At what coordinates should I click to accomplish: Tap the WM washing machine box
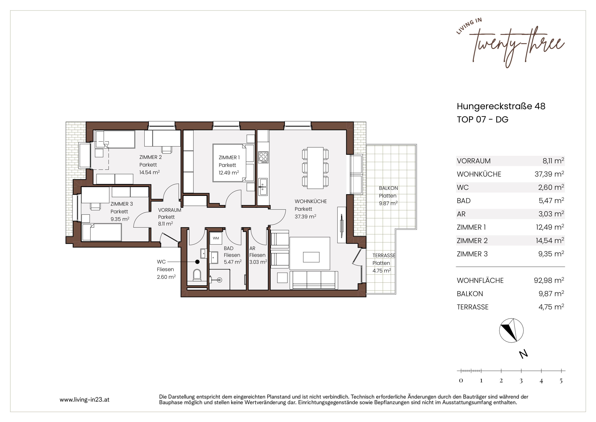coord(216,238)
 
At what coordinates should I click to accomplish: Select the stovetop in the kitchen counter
coord(263,158)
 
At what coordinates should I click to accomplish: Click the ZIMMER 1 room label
coord(229,158)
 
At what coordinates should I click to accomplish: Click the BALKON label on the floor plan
coord(388,188)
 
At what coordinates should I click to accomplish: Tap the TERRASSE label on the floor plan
coord(384,255)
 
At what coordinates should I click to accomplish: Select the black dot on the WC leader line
coord(197,262)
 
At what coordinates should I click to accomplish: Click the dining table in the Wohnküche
coord(315,168)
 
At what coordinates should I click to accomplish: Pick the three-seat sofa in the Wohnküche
coord(314,280)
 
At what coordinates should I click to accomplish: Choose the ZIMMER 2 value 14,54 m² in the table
coord(550,241)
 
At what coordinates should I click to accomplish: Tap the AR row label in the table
coord(461,214)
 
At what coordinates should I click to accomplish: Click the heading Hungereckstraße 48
coord(501,106)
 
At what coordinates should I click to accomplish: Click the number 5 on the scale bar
coord(561,381)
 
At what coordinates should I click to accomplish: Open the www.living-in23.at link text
coord(84,400)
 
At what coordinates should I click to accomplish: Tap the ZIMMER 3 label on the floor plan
coord(121,204)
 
